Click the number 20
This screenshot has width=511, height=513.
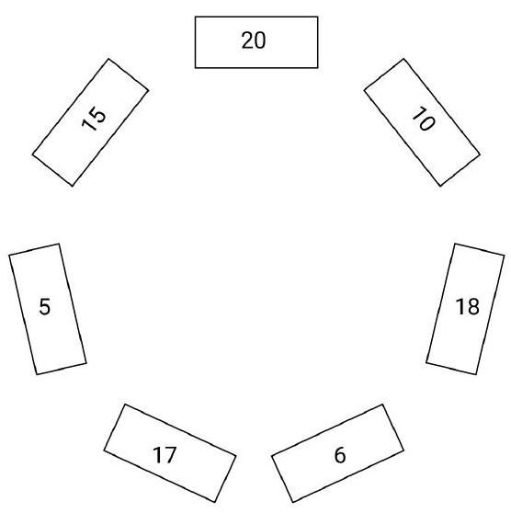[254, 40]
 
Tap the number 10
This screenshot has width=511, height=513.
[424, 119]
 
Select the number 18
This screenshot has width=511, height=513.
[467, 306]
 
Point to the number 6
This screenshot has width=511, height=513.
[340, 455]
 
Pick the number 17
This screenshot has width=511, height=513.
[165, 455]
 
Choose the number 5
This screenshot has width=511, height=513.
[45, 306]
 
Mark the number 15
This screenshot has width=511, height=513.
[94, 119]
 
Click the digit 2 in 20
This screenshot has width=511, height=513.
[247, 40]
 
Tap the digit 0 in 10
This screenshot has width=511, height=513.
[427, 123]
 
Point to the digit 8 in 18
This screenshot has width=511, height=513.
[473, 306]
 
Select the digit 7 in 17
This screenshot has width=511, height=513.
[170, 455]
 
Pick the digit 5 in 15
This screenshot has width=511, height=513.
[97, 114]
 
